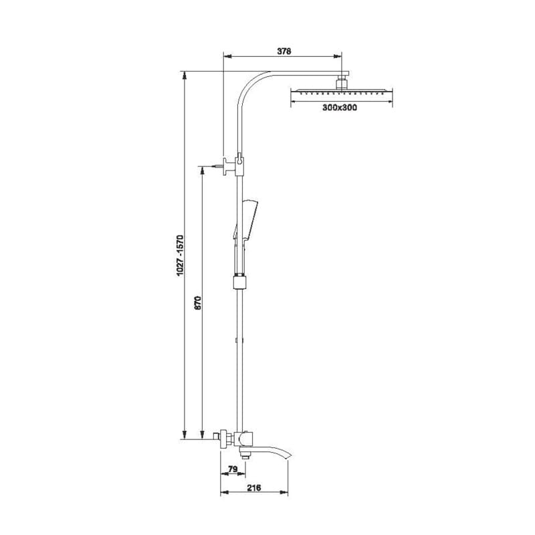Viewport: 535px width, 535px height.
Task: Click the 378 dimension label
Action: [x=284, y=51]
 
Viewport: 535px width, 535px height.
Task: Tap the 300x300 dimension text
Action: [x=340, y=108]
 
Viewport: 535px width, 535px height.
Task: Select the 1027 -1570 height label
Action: [x=180, y=255]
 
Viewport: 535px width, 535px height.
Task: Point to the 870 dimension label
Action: [x=198, y=303]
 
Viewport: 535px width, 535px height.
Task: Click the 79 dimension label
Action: [x=233, y=469]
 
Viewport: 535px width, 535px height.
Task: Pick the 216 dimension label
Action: [x=254, y=488]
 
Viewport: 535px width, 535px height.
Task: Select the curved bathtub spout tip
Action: [x=289, y=456]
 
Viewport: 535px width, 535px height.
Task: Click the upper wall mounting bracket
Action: [x=229, y=167]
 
